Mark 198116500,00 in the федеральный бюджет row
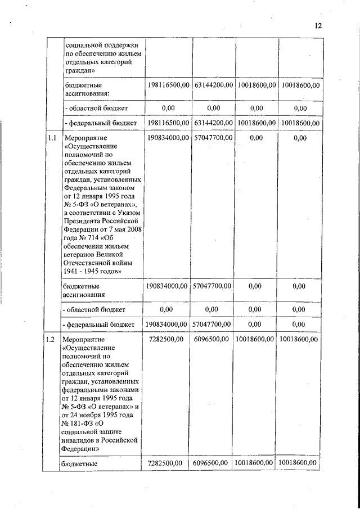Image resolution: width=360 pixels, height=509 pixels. pos(167,123)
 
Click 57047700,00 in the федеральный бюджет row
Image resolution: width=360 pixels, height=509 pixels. pos(212,325)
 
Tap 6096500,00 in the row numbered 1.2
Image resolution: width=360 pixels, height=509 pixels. pos(212,339)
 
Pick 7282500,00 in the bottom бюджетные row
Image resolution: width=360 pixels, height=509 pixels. pos(167,463)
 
